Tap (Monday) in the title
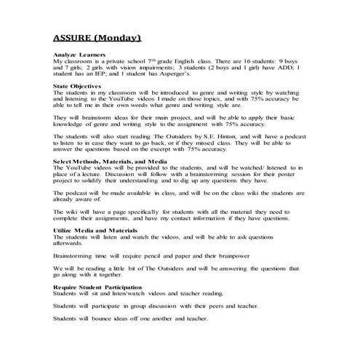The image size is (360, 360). (119, 37)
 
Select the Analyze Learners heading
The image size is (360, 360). (76, 55)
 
